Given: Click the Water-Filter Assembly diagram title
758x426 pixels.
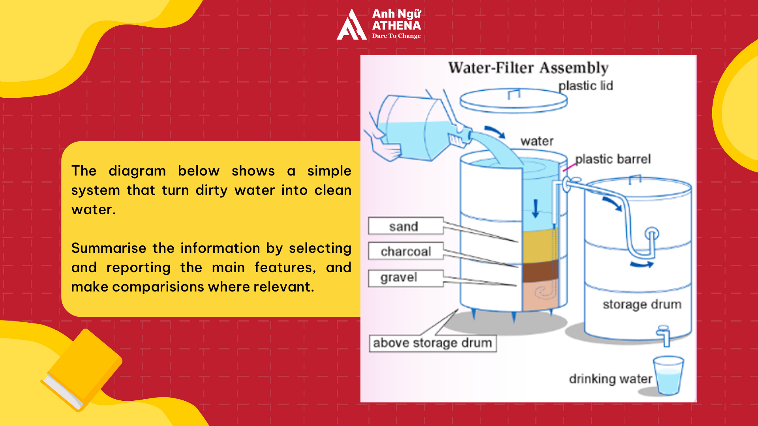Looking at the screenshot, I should coord(528,68).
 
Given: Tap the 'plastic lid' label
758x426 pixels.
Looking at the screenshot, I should coord(585,86).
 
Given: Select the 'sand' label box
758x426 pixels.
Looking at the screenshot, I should coord(405,226).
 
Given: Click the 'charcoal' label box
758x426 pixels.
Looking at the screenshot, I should coord(405,251).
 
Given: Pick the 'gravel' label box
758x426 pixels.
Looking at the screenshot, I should coord(405,278).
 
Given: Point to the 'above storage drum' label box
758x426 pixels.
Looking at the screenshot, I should coord(432,343).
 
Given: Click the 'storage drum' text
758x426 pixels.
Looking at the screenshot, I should coord(642,305).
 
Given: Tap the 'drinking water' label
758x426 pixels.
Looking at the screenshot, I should coord(610,379).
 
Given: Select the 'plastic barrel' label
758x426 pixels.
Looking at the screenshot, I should coord(613,159).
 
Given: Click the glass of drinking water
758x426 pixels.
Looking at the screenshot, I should coord(668,376).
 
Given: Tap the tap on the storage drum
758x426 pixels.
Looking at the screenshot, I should coord(664,335).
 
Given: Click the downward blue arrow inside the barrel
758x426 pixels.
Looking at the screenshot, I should coord(535,208).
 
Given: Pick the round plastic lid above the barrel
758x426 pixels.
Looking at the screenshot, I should coord(513,101).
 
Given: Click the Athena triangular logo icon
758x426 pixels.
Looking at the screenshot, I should coord(351,26).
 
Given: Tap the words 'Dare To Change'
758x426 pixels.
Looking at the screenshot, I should coord(396,36).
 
